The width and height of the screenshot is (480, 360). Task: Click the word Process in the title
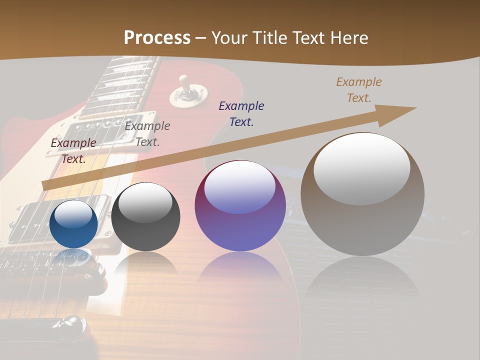click(x=157, y=38)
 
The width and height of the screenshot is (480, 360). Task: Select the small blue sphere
click(x=73, y=224)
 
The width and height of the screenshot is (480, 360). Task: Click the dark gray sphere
click(x=145, y=216)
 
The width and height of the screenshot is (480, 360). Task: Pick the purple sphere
click(x=240, y=206)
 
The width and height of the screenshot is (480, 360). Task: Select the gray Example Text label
click(x=147, y=134)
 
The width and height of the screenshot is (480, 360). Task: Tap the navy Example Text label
click(x=241, y=113)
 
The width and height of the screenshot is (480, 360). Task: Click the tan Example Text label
click(x=359, y=90)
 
